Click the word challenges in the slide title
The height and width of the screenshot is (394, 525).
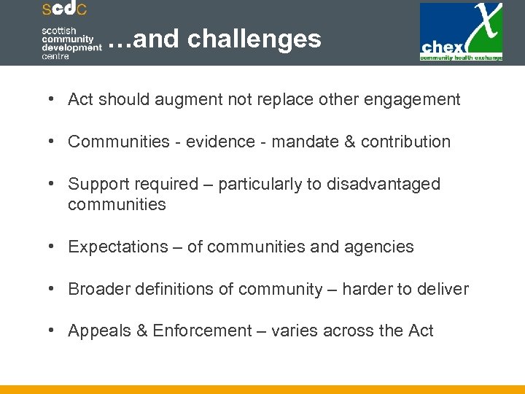[x=254, y=39]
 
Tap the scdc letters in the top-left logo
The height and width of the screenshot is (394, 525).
[x=64, y=9]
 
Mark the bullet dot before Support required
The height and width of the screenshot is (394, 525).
[x=55, y=184]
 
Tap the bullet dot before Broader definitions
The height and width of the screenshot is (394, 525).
[x=55, y=289]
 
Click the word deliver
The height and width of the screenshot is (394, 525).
[x=443, y=289]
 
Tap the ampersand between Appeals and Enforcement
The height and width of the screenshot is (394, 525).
[x=142, y=331]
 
